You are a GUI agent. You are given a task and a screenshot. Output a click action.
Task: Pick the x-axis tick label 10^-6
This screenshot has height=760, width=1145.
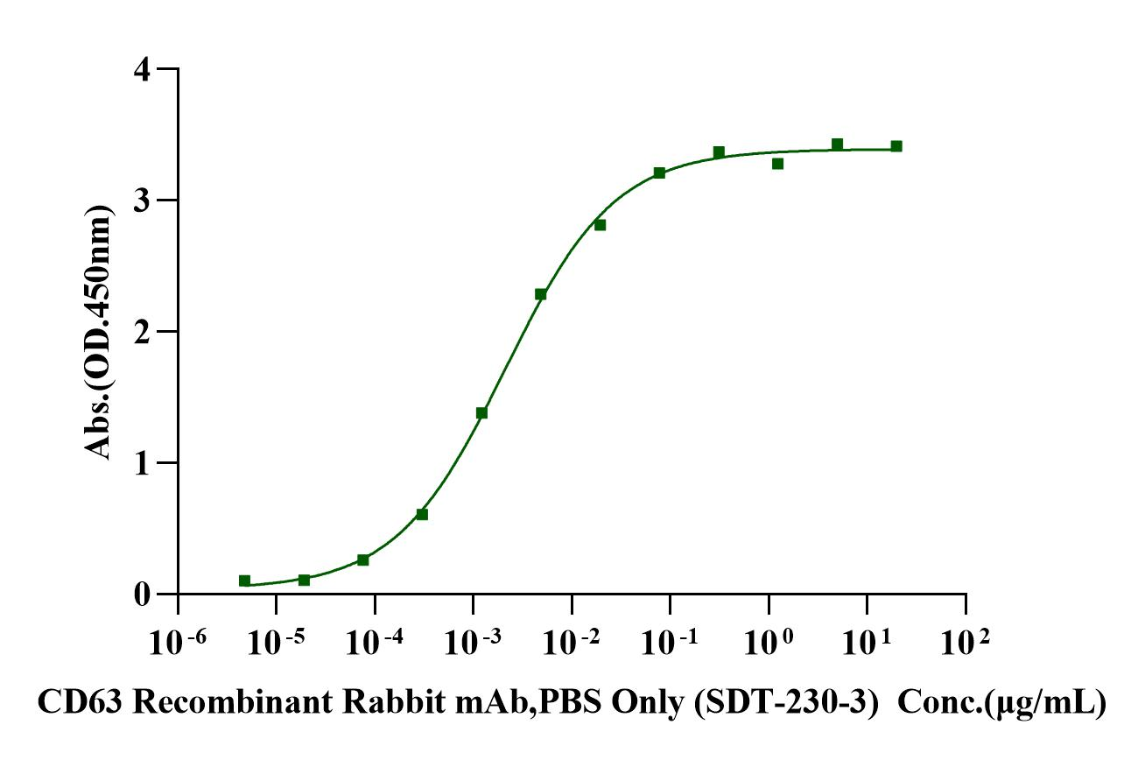[x=178, y=647]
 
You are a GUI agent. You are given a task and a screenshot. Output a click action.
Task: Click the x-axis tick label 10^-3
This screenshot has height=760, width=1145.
[x=473, y=647]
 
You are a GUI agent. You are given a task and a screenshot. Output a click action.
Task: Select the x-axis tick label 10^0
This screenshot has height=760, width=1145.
[x=769, y=647]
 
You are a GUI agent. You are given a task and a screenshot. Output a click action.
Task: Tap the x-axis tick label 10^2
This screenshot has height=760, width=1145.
[x=966, y=647]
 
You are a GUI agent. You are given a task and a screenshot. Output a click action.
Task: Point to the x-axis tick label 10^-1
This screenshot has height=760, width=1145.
[x=671, y=647]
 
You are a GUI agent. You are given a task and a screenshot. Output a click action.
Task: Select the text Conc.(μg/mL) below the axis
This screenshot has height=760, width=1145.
[x=1002, y=703]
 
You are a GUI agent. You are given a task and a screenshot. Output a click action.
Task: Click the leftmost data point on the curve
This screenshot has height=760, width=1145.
[x=245, y=581]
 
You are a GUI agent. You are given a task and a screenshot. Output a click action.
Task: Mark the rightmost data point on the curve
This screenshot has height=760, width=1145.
[x=896, y=146]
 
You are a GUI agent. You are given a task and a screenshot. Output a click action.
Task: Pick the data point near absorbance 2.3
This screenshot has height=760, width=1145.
[x=541, y=294]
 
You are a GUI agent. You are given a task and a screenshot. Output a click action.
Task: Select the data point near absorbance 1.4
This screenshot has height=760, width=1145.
[x=481, y=412]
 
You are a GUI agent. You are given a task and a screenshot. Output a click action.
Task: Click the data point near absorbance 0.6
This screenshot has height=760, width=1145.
[x=422, y=514]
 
